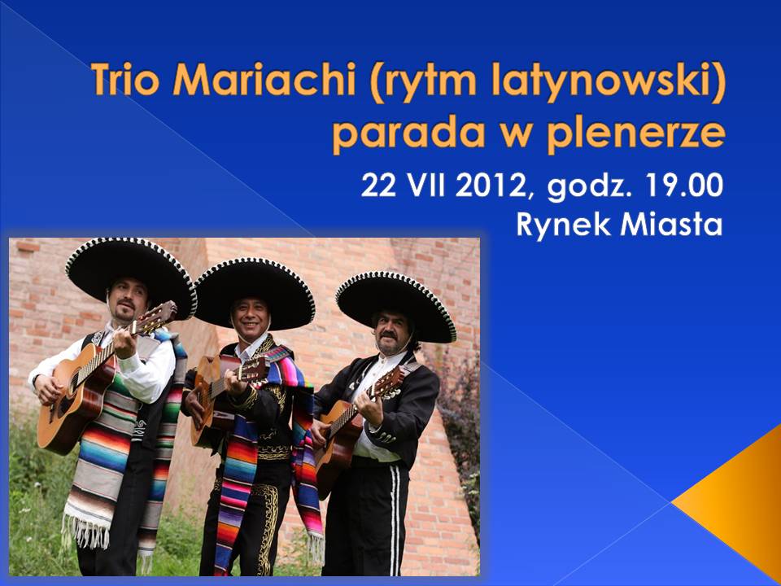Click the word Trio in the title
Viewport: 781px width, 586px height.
coord(125,79)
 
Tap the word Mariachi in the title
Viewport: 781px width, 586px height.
coord(264,79)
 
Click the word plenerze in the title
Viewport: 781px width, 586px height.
coord(635,133)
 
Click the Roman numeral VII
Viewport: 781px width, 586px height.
coord(425,186)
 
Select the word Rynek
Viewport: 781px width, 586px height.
coord(563,225)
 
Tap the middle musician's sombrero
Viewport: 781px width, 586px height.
coord(255,293)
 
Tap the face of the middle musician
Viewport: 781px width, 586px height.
coord(251,319)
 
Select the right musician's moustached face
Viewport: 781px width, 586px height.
coord(391,333)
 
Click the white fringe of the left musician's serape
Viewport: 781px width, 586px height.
coord(85,530)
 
